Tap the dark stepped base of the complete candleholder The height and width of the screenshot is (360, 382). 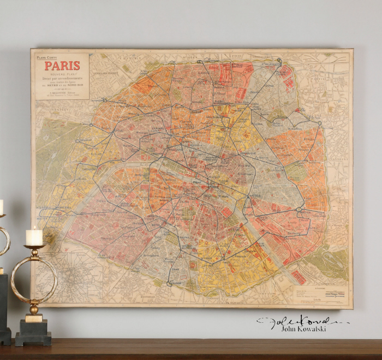(33, 334)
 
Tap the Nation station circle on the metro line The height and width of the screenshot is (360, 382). (299, 209)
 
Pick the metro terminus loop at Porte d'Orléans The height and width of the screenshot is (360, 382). (170, 283)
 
